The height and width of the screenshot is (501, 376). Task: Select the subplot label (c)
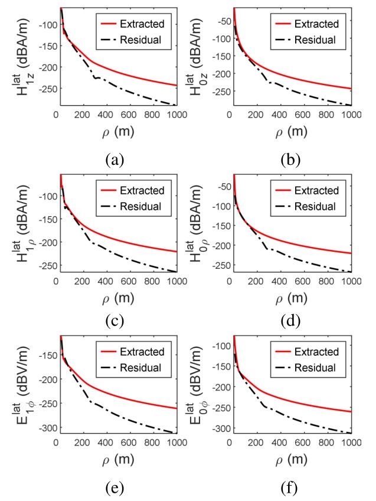click(115, 323)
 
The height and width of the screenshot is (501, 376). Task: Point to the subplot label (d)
click(289, 323)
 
